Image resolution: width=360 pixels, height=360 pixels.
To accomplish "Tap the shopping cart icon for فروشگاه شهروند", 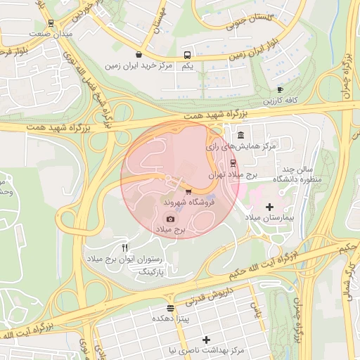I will point(188,191).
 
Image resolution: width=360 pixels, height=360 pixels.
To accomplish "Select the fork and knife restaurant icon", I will point(125,247).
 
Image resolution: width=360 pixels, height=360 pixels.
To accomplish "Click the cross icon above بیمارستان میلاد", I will point(270,207).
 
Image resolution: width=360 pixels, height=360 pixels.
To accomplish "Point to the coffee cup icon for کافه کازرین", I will point(280,90).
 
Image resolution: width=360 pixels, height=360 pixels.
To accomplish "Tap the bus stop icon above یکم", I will point(187,55).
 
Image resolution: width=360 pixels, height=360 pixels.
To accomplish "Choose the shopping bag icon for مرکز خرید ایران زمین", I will point(139,54).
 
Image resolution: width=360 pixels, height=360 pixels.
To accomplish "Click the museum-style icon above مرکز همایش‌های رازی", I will point(240,135).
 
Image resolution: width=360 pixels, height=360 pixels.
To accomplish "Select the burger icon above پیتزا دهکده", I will point(170,308).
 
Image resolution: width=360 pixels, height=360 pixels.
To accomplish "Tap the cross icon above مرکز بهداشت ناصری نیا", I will point(206,340).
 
